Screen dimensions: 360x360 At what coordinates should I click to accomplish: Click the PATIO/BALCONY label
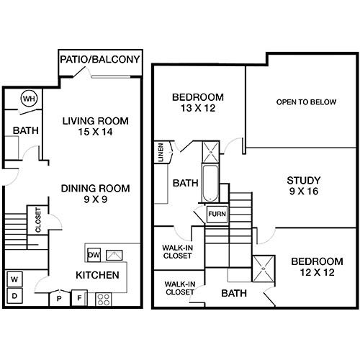pyautogui.click(x=100, y=60)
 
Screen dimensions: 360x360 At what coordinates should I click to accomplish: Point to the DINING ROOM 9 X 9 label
pyautogui.click(x=95, y=194)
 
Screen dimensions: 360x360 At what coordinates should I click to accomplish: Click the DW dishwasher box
pyautogui.click(x=94, y=254)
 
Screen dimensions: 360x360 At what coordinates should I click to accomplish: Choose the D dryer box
pyautogui.click(x=14, y=296)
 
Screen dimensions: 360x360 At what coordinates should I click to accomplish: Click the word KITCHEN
pyautogui.click(x=98, y=276)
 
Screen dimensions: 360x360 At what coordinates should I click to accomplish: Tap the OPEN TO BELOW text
pyautogui.click(x=306, y=102)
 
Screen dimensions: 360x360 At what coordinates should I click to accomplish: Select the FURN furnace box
pyautogui.click(x=216, y=215)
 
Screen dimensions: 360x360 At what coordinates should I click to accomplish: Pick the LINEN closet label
pyautogui.click(x=159, y=152)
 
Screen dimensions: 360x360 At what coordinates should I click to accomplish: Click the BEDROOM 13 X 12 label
pyautogui.click(x=198, y=103)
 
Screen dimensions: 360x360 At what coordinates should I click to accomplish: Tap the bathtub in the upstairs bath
pyautogui.click(x=209, y=184)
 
